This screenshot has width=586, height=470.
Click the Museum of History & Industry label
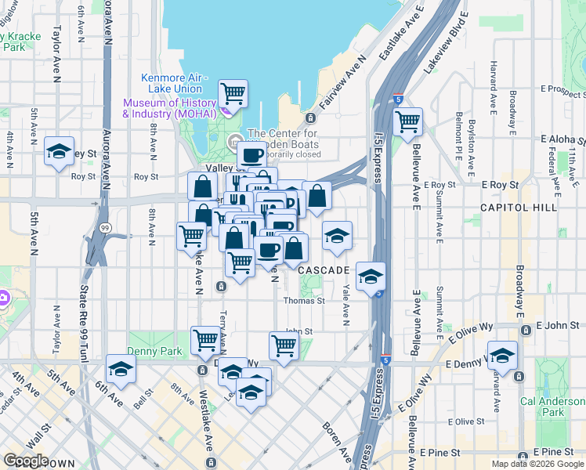tap(168, 108)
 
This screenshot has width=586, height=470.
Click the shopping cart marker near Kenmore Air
tap(233, 94)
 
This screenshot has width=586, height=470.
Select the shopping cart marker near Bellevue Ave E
tap(408, 122)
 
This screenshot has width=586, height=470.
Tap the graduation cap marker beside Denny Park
tap(121, 369)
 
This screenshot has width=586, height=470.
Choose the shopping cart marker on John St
tap(284, 345)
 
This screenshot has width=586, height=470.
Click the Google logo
tap(25, 461)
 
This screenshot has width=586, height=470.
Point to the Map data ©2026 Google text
tap(537, 464)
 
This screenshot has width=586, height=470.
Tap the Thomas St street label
tap(310, 300)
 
